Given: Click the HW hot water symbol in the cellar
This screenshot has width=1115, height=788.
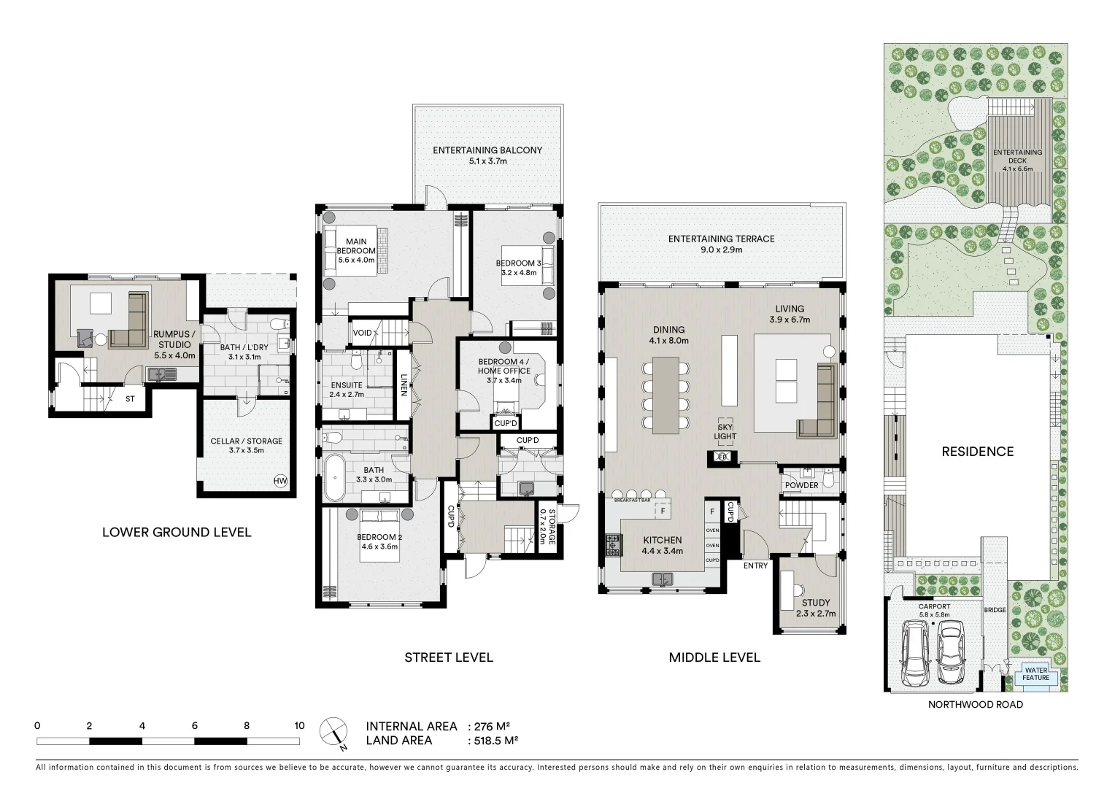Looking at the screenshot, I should (280, 481).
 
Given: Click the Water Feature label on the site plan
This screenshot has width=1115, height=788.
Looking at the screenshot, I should (1035, 673).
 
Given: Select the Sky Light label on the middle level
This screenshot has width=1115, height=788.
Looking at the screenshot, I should (725, 431).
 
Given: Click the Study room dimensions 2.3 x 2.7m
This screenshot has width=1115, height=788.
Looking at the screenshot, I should (815, 614).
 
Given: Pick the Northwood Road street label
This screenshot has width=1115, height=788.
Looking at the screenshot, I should (975, 705).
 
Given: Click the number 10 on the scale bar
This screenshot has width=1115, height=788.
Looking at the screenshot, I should (299, 726).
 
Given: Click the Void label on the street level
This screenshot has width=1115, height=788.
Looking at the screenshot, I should (362, 333).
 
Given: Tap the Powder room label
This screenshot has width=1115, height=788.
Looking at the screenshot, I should (801, 485).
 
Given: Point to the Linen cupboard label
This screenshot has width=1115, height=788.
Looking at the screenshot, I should (403, 385).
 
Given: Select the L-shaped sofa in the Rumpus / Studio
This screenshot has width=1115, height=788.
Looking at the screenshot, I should (132, 321).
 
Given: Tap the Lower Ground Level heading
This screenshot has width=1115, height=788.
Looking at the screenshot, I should (177, 532).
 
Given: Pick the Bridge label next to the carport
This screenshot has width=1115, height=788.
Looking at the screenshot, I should (994, 610).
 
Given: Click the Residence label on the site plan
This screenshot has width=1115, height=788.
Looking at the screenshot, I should (976, 452).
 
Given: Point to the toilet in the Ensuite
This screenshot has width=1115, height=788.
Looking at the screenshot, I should (355, 361).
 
